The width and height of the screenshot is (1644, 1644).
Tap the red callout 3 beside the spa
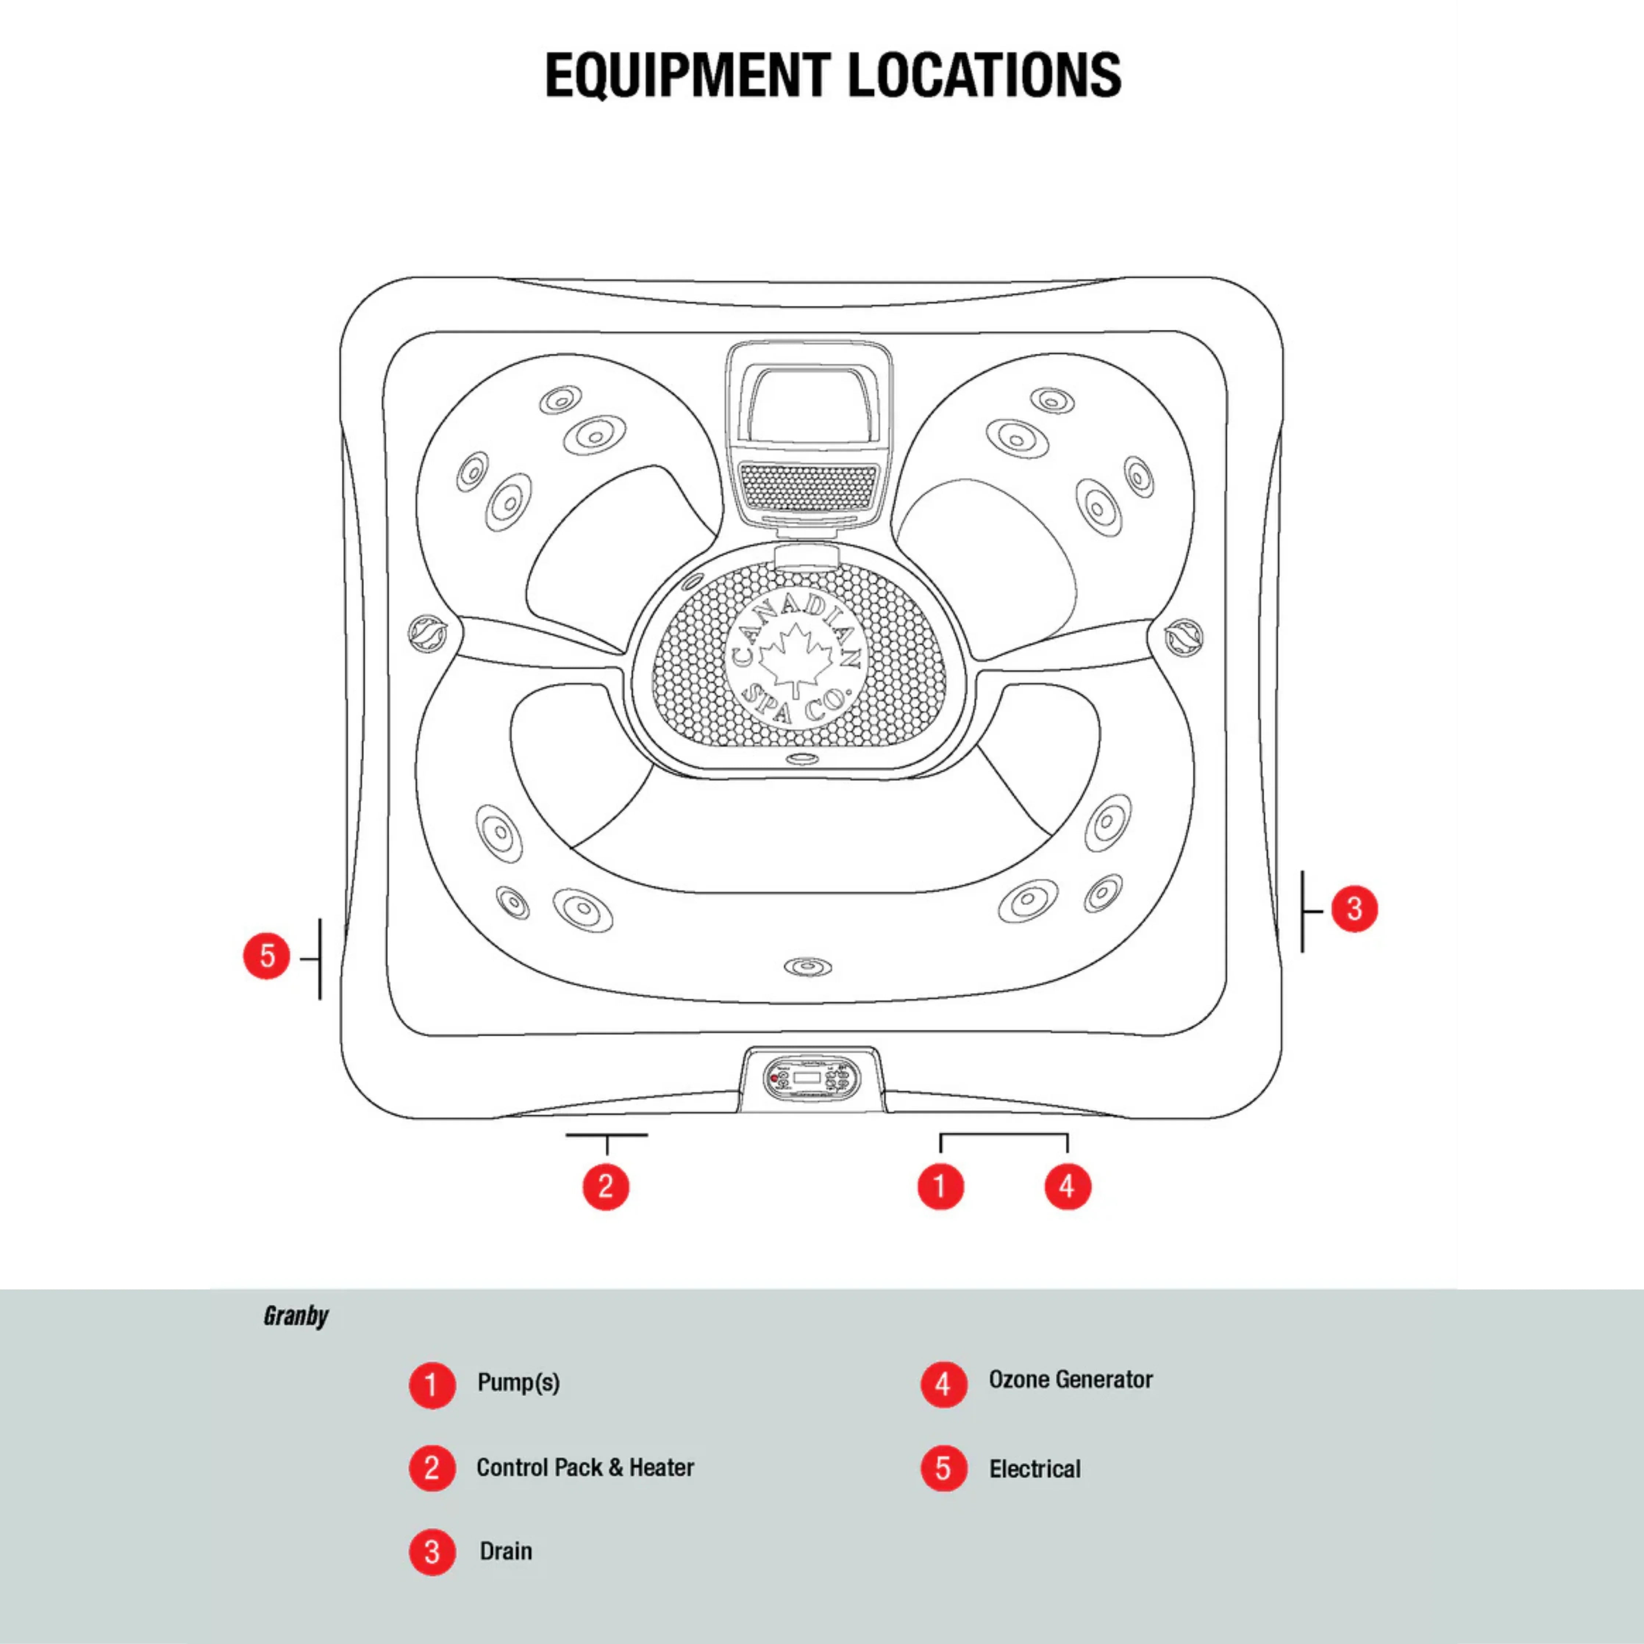coord(1354,909)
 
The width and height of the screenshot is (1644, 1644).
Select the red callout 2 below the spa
coord(606,1186)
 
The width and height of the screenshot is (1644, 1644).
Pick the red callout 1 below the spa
coord(940,1186)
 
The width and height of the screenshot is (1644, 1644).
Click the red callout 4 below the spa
coord(1067,1186)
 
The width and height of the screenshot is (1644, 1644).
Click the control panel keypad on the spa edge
coord(811,1079)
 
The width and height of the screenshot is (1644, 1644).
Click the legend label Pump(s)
coord(518,1383)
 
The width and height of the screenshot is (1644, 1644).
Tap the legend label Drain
coord(505,1551)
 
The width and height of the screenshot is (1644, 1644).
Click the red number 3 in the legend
coord(432,1552)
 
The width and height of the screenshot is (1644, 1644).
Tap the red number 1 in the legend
coord(432,1384)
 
